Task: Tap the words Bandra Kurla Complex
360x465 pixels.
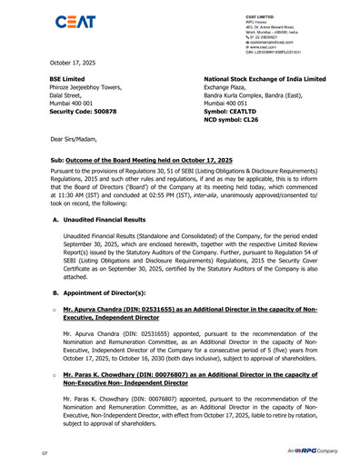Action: (x=242, y=100)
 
